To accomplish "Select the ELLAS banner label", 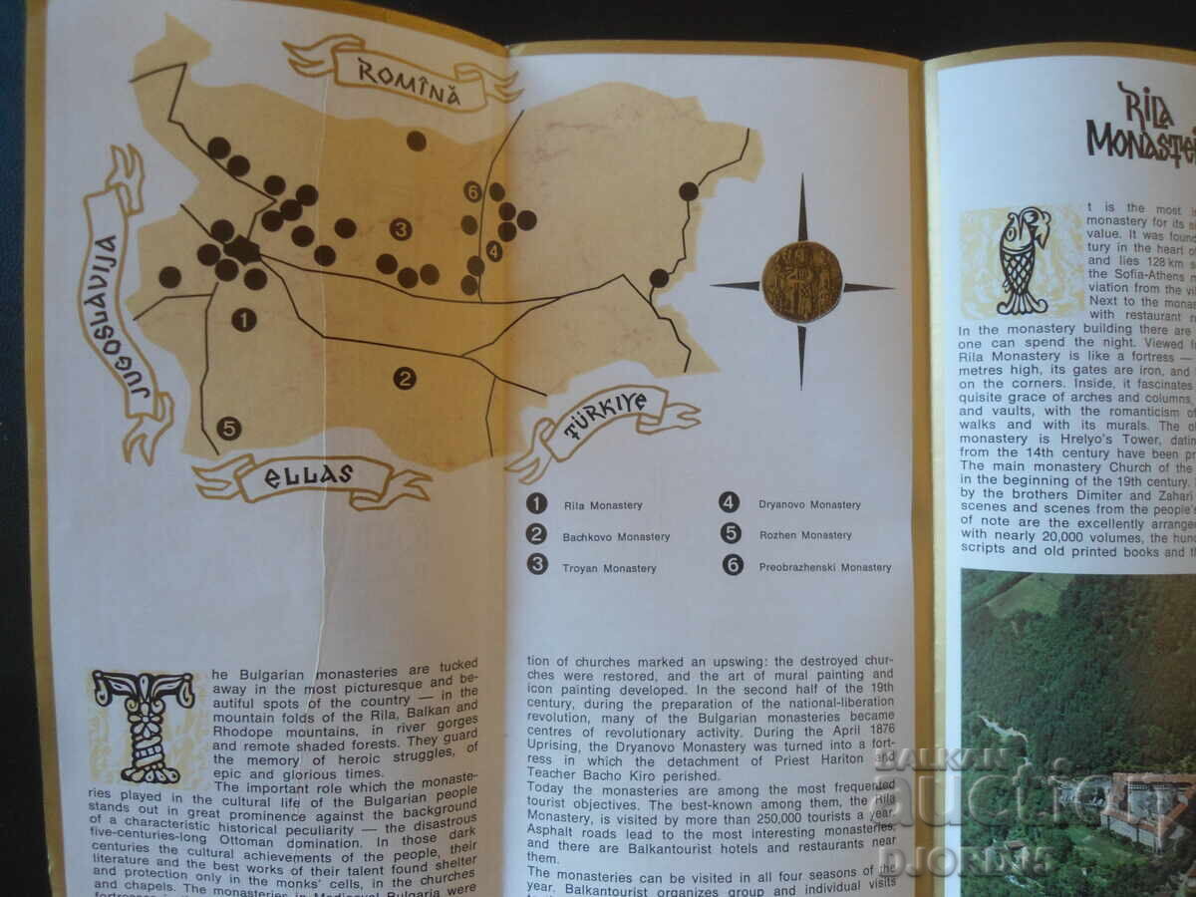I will point(309,475).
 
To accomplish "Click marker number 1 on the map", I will point(243,320).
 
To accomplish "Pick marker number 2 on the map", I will point(405,378).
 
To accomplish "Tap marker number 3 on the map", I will point(401,229).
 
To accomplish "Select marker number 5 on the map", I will point(229,429).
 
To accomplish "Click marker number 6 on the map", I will point(473,191).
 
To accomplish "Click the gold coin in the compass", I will point(802,282).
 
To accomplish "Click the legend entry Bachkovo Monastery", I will point(615,537).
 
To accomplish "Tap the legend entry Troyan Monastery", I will point(609,568).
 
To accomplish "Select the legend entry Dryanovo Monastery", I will point(808,504).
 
